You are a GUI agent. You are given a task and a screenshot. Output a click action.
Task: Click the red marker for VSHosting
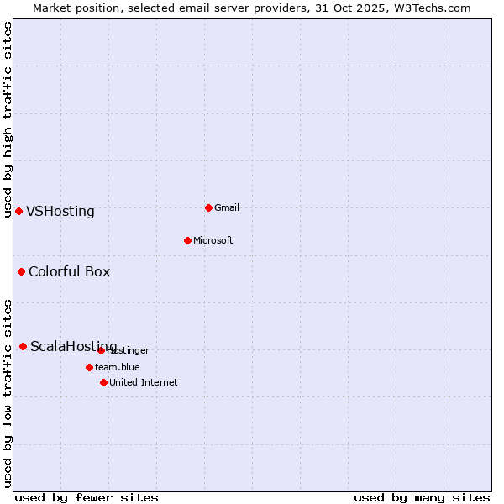[18, 211]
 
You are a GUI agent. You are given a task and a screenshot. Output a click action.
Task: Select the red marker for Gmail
[208, 207]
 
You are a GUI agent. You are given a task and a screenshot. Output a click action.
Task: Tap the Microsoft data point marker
[187, 240]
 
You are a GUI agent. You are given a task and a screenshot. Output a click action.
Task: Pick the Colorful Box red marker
[21, 271]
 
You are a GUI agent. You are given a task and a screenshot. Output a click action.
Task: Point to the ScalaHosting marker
[23, 346]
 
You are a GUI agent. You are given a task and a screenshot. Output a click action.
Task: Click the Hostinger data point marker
[101, 350]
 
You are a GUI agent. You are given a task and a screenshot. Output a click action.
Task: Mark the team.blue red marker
[89, 367]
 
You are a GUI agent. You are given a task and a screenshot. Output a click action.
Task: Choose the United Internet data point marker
[103, 382]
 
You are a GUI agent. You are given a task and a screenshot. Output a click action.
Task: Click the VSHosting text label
[60, 212]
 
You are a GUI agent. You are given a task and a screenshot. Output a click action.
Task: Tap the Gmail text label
[227, 207]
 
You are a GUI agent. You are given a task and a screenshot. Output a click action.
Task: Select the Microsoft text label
[213, 240]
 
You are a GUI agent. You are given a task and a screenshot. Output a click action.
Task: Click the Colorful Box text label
[70, 272]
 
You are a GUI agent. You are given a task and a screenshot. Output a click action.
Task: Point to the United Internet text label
[144, 382]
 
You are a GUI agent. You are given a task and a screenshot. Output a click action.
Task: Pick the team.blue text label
[118, 367]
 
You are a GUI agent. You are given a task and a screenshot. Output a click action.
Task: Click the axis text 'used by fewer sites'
[87, 497]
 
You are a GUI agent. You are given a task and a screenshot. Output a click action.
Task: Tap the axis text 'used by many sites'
[422, 497]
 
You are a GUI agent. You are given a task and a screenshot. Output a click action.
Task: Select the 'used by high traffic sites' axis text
[8, 119]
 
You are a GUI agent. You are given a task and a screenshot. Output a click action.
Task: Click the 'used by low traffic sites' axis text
[8, 392]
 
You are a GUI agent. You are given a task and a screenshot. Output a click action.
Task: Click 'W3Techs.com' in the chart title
[434, 8]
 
